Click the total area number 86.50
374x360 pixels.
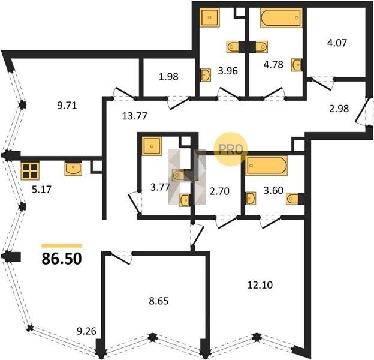click(x=62, y=259)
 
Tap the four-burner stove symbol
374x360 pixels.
click(x=30, y=171)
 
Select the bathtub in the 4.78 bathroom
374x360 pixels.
click(x=281, y=17)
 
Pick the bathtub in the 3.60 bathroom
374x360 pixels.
click(x=267, y=166)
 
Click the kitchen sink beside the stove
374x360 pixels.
click(x=73, y=169)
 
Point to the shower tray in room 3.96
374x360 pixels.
click(x=209, y=17)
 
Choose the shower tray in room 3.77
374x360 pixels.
click(x=152, y=146)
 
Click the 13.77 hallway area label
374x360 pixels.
click(x=134, y=116)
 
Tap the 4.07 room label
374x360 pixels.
click(x=337, y=43)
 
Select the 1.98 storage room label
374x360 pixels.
click(x=168, y=77)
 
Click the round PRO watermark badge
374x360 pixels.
click(x=230, y=149)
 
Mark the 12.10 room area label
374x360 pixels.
click(x=260, y=285)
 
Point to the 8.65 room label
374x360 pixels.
click(x=159, y=301)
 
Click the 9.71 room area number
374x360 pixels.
click(x=67, y=105)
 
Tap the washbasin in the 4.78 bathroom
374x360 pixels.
click(x=297, y=65)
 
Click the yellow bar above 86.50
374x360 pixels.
click(x=62, y=245)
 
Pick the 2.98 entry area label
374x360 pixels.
click(x=339, y=109)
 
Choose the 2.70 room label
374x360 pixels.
click(x=219, y=191)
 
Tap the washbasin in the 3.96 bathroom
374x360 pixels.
click(x=206, y=75)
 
